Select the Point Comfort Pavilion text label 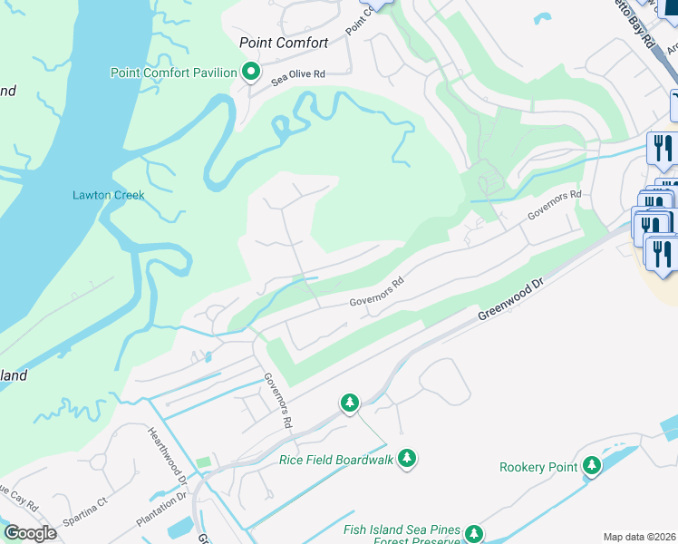[x=173, y=73]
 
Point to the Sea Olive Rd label [x=298, y=76]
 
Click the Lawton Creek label [x=108, y=195]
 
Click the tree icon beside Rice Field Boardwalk [x=408, y=459]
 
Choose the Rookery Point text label [x=538, y=467]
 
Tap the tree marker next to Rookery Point [x=592, y=466]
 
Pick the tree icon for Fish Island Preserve [x=473, y=534]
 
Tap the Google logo [x=31, y=532]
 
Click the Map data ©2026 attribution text [x=639, y=537]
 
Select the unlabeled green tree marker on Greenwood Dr [x=350, y=403]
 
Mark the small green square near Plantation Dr [x=204, y=463]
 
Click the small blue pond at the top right [x=543, y=17]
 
